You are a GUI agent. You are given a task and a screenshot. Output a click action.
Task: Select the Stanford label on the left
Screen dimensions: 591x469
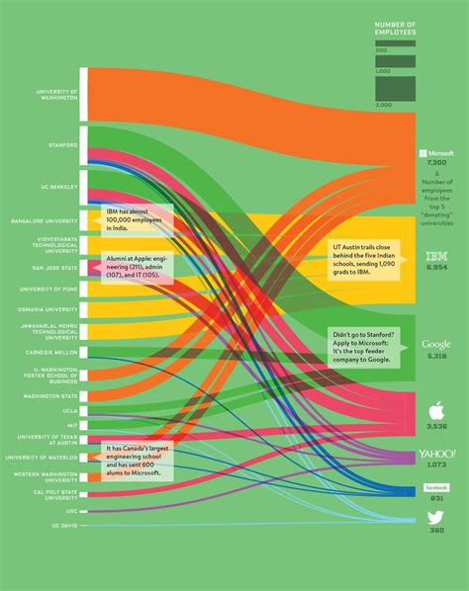point(64,144)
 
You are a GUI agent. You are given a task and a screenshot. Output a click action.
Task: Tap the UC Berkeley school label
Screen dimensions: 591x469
point(60,187)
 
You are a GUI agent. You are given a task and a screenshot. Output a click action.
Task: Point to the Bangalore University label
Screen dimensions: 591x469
point(47,220)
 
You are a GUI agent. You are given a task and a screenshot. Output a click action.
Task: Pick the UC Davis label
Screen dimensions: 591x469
point(62,526)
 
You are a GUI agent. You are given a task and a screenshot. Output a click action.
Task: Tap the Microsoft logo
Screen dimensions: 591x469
point(436,154)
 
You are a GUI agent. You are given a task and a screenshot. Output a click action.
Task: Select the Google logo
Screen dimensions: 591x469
point(436,343)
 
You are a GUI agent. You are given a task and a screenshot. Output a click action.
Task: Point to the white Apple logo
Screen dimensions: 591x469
point(436,409)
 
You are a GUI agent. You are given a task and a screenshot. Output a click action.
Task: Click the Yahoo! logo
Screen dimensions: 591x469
point(436,453)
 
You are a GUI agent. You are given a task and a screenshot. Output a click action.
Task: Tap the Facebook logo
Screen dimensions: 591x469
point(436,488)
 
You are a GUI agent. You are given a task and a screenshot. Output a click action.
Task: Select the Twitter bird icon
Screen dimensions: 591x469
point(436,517)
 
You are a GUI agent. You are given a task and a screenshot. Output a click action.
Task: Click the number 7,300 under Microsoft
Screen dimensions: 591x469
point(436,164)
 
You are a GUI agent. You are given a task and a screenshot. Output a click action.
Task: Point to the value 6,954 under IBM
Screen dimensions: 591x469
point(436,268)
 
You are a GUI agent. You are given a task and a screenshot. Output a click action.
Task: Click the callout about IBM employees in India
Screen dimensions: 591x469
point(139,219)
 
